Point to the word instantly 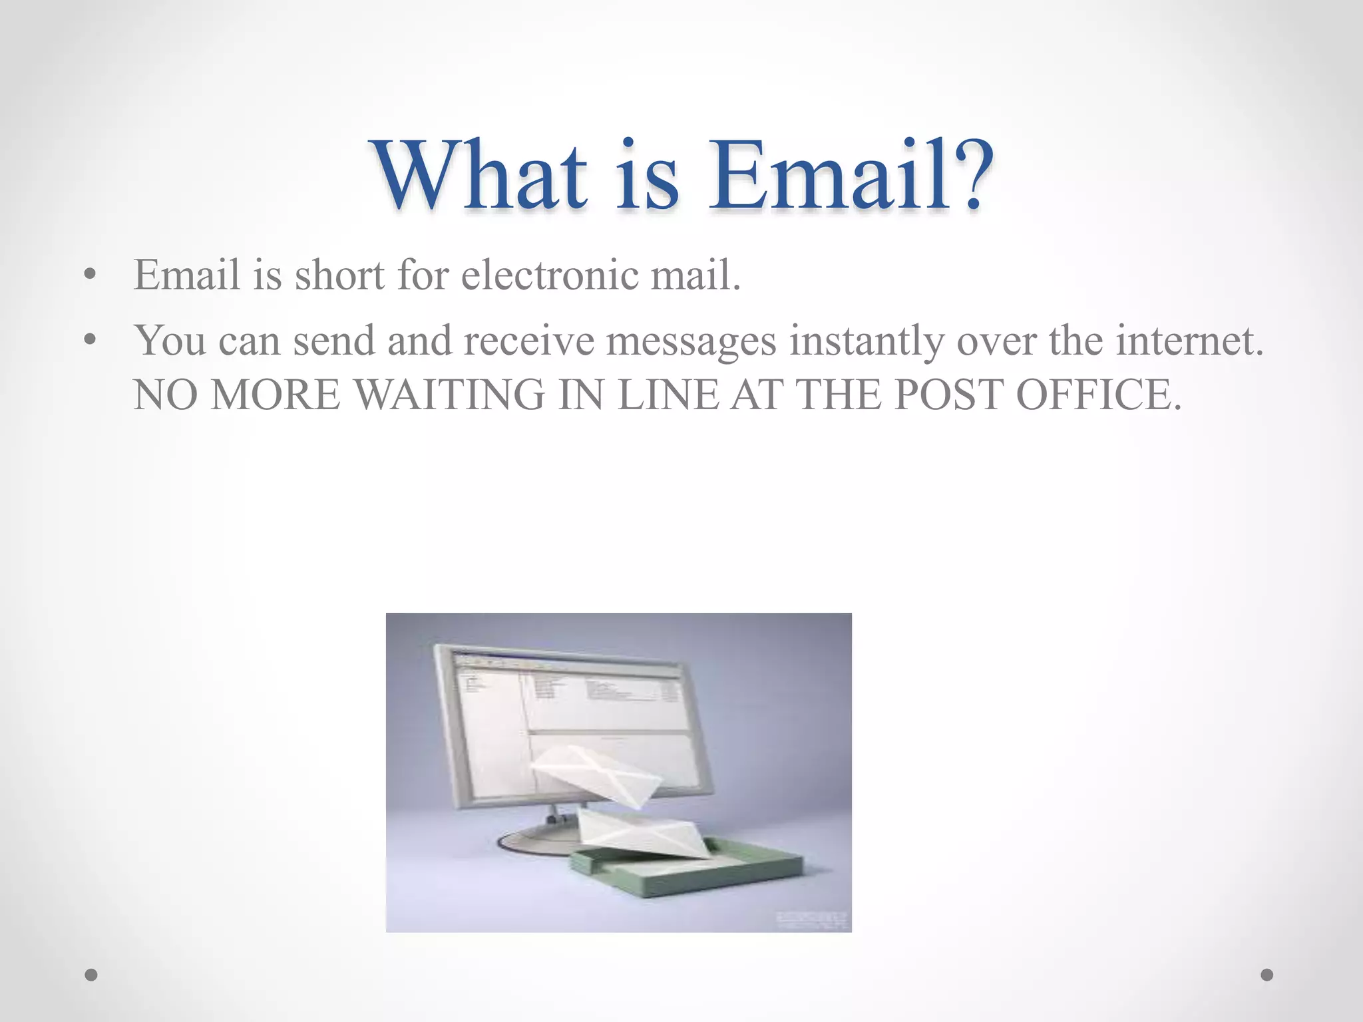tap(867, 341)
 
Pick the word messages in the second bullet tap(691, 341)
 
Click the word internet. tap(1189, 341)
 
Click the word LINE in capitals tap(668, 395)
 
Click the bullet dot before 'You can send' tap(91, 341)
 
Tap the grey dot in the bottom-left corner tap(91, 975)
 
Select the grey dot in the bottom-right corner tap(1267, 975)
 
